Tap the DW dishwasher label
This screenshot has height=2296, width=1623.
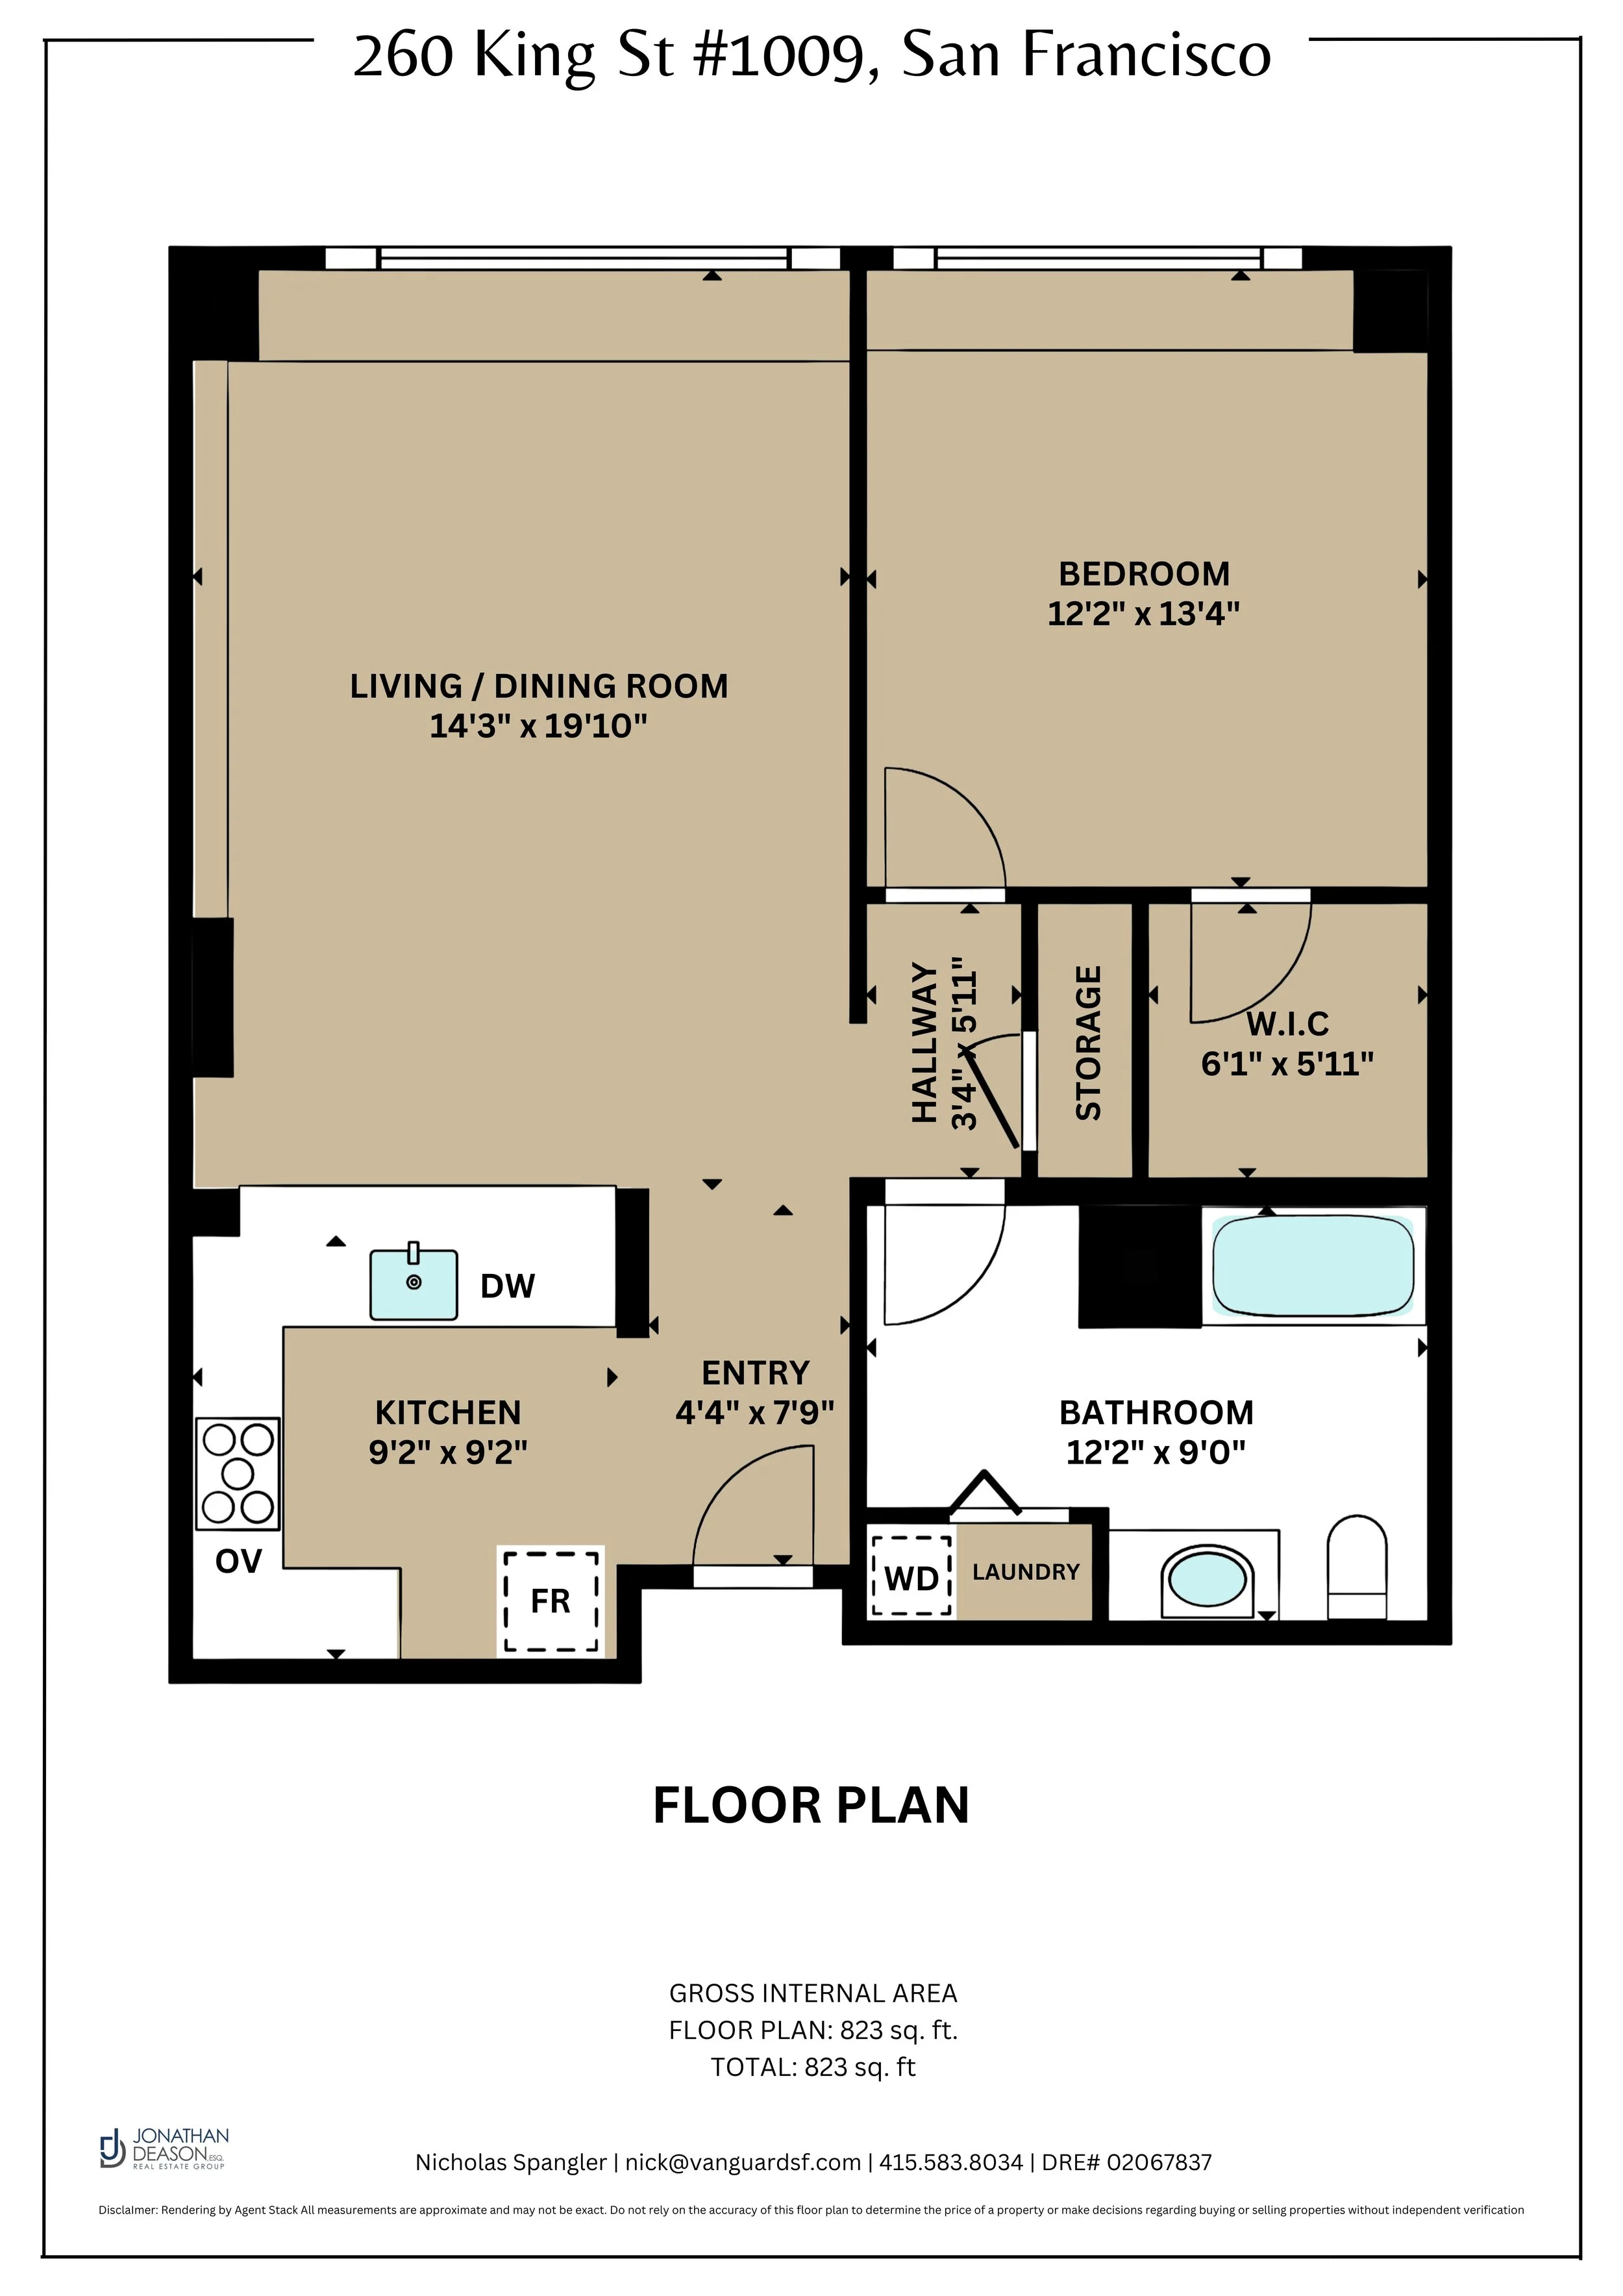pyautogui.click(x=507, y=1286)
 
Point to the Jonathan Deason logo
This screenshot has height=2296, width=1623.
pyautogui.click(x=165, y=2148)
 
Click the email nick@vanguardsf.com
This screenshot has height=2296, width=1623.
pyautogui.click(x=743, y=2162)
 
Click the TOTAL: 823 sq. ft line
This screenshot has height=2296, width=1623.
pyautogui.click(x=812, y=2067)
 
